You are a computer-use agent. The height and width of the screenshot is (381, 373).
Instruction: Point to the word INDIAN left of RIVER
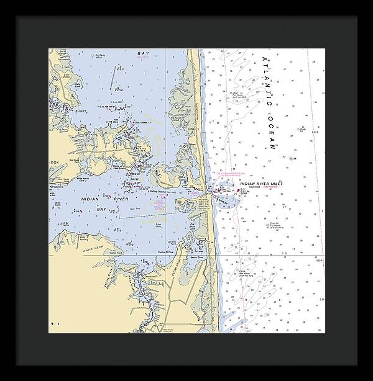click(93, 200)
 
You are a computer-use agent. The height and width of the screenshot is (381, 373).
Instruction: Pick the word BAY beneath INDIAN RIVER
click(102, 210)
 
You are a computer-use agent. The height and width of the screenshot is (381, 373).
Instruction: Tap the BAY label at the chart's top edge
click(143, 53)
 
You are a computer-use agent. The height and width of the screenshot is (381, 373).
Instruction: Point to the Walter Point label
click(113, 253)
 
